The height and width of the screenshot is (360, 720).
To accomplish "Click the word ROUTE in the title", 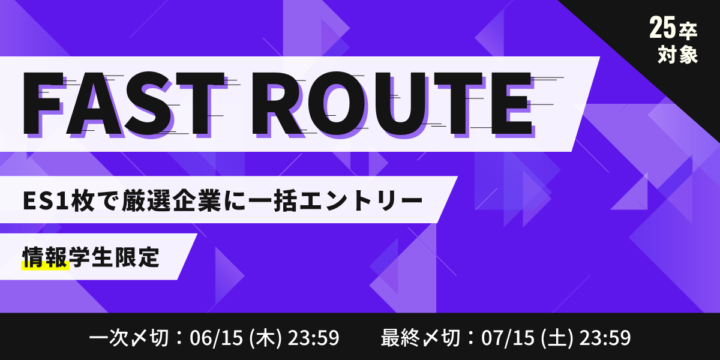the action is (x=392, y=103).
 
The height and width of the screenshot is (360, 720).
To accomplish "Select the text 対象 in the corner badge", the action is (x=677, y=55).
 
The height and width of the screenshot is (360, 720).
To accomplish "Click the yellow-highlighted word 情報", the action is (x=45, y=257).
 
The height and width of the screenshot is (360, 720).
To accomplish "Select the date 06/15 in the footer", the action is (x=216, y=338).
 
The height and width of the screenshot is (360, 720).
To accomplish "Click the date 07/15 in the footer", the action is (x=508, y=338).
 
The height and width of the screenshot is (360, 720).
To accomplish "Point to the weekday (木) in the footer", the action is (x=265, y=338).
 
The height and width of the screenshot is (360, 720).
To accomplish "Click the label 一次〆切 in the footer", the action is (x=129, y=338).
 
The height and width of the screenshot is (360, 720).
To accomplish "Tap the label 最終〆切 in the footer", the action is (x=421, y=338).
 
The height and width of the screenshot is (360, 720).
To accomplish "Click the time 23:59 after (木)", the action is (x=313, y=338).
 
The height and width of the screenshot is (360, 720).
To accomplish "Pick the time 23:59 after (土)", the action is (x=605, y=338).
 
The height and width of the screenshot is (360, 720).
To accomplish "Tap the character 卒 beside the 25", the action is (x=688, y=32).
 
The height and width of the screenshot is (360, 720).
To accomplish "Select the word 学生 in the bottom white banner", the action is (x=91, y=257).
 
